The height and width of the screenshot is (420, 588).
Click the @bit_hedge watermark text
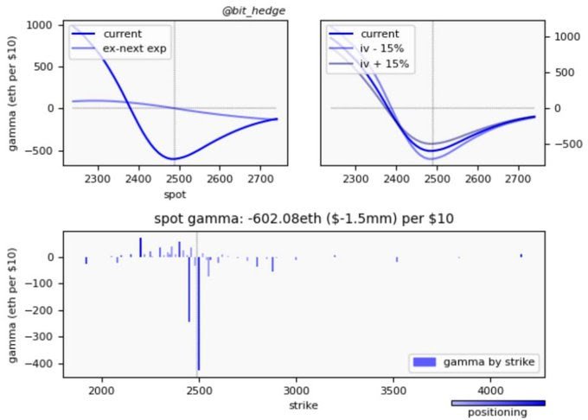pos(254,10)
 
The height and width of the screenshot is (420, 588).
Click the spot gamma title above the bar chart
pos(304,219)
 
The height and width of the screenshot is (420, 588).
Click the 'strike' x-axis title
pos(304,404)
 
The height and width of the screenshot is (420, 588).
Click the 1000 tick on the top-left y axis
pos(39,25)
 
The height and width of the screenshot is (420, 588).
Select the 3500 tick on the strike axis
pos(394,391)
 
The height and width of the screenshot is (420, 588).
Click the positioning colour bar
pos(498,403)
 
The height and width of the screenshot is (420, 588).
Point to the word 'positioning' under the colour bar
pos(498,413)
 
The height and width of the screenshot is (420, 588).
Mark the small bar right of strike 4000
pos(521,256)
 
